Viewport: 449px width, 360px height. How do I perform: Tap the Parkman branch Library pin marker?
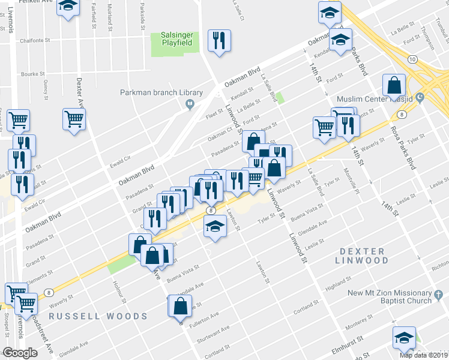[190, 105]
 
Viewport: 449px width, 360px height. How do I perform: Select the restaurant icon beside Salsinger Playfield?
[218, 41]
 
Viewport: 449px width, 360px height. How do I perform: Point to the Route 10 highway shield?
[411, 59]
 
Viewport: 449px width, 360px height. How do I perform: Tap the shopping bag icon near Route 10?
[396, 87]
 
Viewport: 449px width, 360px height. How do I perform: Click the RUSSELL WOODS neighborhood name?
[98, 316]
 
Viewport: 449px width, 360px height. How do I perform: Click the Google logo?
[20, 353]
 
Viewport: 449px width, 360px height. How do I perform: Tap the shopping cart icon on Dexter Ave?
[74, 119]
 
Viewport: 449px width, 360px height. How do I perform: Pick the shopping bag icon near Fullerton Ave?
[180, 307]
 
